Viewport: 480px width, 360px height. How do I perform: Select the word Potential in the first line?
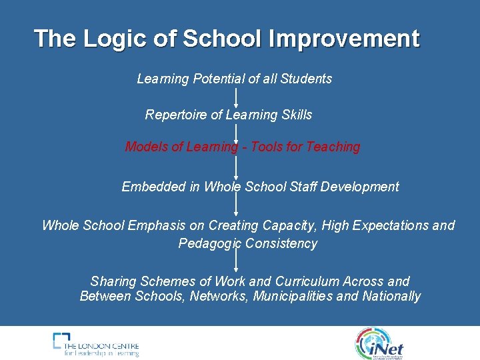(219, 79)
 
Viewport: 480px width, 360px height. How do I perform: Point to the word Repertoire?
(176, 115)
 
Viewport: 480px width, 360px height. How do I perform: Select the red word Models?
(146, 147)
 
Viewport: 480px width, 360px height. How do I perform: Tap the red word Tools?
(267, 147)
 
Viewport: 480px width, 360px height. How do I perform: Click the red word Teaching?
(333, 147)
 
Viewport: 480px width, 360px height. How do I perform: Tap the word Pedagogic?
(209, 243)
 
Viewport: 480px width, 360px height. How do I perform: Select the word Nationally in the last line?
(391, 296)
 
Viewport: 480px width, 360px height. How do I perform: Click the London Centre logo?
(96, 344)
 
